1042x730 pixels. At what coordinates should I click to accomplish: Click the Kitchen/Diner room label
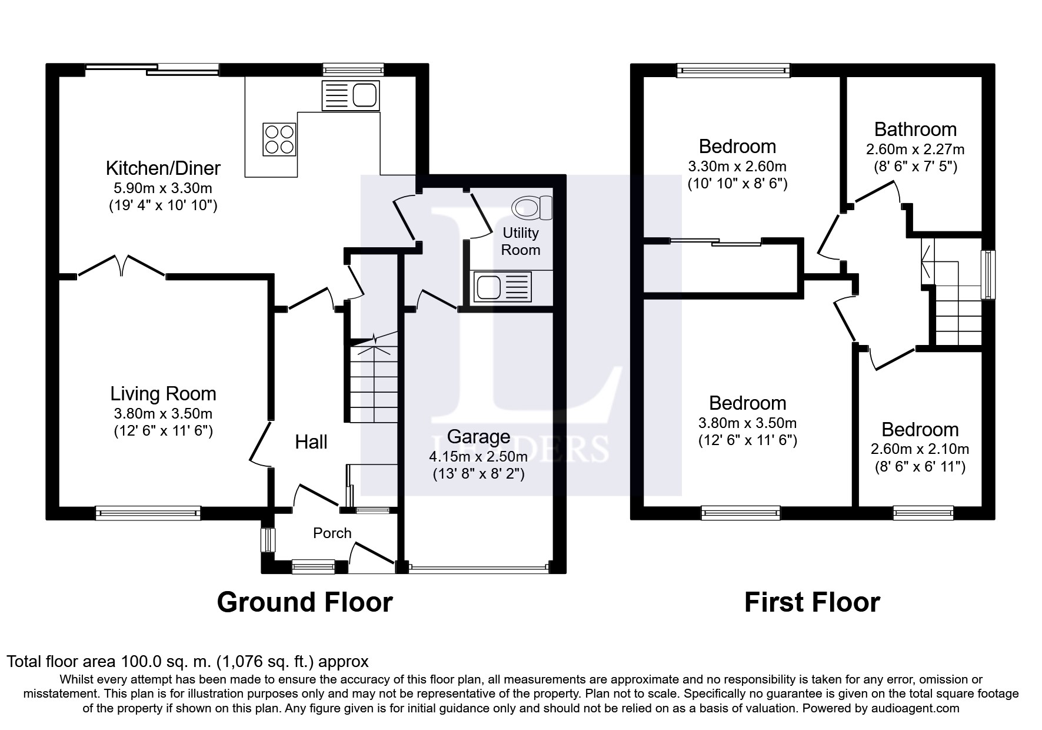[163, 168]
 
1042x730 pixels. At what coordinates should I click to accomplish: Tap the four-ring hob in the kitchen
[279, 139]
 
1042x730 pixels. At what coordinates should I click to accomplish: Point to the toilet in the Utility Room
[532, 207]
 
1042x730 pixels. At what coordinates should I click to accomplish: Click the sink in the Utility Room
[502, 287]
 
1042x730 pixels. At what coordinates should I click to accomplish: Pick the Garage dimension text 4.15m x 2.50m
[478, 456]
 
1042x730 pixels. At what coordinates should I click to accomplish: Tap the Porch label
[332, 533]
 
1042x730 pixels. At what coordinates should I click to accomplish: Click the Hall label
[311, 442]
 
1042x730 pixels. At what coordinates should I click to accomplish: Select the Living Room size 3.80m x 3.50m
[163, 413]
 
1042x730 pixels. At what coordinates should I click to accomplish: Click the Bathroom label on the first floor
[916, 129]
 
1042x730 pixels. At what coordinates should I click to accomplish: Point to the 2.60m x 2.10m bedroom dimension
[920, 449]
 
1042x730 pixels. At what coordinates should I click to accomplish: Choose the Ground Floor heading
[305, 602]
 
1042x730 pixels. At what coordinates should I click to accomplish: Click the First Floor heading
[812, 602]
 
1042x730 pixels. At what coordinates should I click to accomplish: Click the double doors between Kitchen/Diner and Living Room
[121, 266]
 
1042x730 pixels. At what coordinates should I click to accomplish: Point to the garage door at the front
[478, 569]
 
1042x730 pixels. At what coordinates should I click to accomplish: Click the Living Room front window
[148, 513]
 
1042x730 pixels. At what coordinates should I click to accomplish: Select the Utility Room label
[520, 241]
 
